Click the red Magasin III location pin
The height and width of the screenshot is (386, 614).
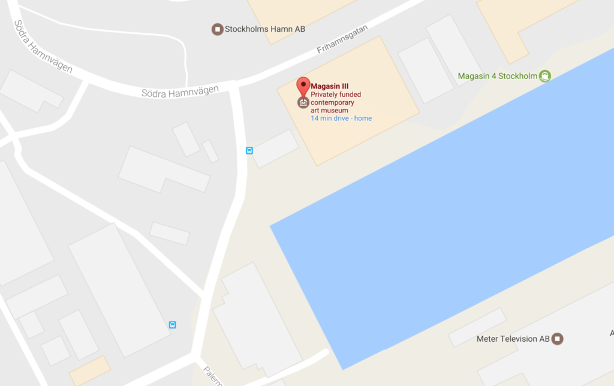pyautogui.click(x=303, y=87)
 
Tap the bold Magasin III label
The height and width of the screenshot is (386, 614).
pyautogui.click(x=329, y=86)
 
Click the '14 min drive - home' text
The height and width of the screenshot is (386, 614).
pyautogui.click(x=341, y=118)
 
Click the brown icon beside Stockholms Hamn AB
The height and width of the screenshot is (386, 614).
pyautogui.click(x=218, y=28)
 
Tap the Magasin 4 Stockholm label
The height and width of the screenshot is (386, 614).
pyautogui.click(x=497, y=76)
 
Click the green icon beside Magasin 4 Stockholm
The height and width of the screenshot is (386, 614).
pyautogui.click(x=544, y=76)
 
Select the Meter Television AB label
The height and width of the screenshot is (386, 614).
pyautogui.click(x=513, y=339)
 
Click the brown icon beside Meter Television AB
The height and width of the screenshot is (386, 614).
pyautogui.click(x=558, y=339)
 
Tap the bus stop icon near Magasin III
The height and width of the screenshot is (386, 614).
pyautogui.click(x=249, y=151)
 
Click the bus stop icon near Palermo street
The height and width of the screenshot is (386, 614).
pyautogui.click(x=173, y=325)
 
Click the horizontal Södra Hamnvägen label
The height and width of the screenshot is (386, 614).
pyautogui.click(x=180, y=92)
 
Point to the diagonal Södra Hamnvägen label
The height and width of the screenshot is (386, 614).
pyautogui.click(x=43, y=47)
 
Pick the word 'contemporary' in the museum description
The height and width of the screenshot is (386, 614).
pyautogui.click(x=332, y=102)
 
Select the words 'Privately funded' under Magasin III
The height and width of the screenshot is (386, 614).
pyautogui.click(x=336, y=95)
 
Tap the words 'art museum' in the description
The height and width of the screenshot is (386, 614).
pyautogui.click(x=329, y=110)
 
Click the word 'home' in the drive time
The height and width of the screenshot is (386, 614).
pyautogui.click(x=363, y=118)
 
